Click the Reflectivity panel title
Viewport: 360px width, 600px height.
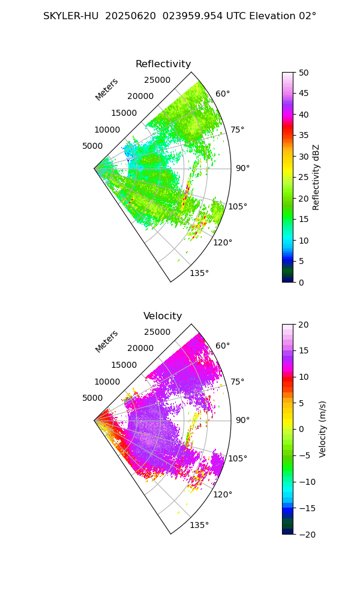(x=163, y=64)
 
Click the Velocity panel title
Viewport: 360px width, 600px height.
(x=163, y=316)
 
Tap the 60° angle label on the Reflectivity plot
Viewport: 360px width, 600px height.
(x=223, y=94)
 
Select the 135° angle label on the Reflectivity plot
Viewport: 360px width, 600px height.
(x=200, y=273)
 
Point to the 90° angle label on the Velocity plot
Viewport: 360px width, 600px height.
(x=242, y=420)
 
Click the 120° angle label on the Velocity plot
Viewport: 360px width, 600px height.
(x=223, y=494)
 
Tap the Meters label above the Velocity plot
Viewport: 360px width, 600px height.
(x=107, y=341)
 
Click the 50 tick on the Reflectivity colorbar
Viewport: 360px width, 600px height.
(x=304, y=73)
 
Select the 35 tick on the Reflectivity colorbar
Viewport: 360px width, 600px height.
(x=304, y=136)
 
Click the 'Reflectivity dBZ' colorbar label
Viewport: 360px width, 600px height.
(x=316, y=177)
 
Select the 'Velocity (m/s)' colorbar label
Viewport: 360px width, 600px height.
(x=323, y=429)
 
